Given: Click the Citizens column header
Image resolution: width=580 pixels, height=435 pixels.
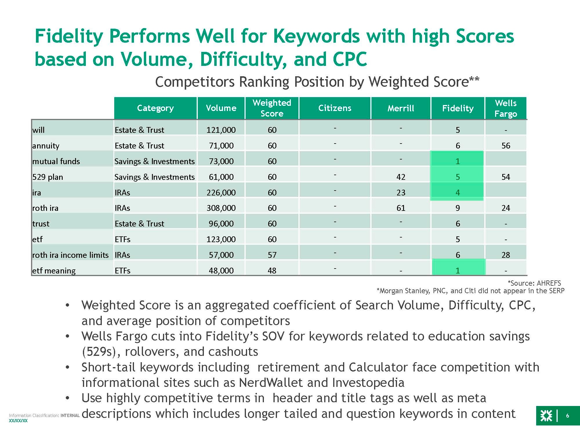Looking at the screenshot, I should [x=335, y=108].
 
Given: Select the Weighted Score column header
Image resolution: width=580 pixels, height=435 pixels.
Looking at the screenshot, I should [x=272, y=108].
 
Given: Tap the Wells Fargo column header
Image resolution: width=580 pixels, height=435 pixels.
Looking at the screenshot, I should [x=506, y=108].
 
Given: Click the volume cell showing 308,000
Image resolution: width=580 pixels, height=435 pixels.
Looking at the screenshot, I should [x=221, y=208].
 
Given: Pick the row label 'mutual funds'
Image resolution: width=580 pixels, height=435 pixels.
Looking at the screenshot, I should [x=56, y=161].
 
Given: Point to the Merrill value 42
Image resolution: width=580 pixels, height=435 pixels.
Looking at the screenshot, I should [x=401, y=177].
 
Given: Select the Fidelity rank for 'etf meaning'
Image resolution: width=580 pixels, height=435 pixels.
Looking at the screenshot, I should [x=458, y=271].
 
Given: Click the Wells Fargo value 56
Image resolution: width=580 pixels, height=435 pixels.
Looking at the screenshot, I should [x=506, y=146].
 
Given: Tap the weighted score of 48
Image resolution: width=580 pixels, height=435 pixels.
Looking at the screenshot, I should [x=272, y=271].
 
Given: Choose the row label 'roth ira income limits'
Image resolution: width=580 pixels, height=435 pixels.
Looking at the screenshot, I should [x=70, y=255].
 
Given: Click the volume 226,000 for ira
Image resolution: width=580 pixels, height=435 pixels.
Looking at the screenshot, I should [x=221, y=193].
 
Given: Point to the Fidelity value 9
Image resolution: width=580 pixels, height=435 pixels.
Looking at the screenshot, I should [x=458, y=208].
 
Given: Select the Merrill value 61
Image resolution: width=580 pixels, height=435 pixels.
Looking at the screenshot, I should [x=401, y=208].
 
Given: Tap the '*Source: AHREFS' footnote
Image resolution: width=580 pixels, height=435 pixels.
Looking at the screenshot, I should [x=534, y=283].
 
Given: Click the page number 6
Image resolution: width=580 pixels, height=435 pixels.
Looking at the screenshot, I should [x=568, y=416].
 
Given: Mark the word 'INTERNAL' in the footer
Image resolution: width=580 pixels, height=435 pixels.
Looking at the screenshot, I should [x=70, y=416].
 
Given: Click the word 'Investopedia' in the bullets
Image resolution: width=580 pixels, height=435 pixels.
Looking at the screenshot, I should [x=368, y=383].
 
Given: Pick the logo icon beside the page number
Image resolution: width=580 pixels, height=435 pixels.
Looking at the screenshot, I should [x=546, y=416].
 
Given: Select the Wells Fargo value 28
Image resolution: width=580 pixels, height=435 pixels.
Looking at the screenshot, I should [x=506, y=255].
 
